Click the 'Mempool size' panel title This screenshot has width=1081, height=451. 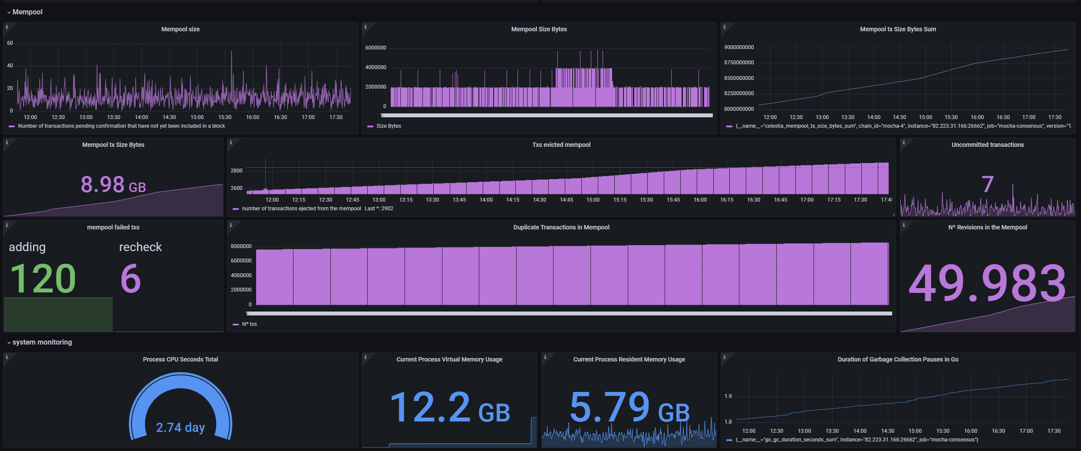pyautogui.click(x=180, y=29)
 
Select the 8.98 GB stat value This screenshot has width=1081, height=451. pyautogui.click(x=113, y=184)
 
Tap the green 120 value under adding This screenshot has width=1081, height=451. pyautogui.click(x=43, y=279)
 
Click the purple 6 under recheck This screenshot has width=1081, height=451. pyautogui.click(x=131, y=279)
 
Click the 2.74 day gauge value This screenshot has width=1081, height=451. pyautogui.click(x=180, y=428)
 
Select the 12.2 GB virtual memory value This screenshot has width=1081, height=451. pyautogui.click(x=450, y=408)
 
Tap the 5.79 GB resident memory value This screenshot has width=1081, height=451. pyautogui.click(x=629, y=408)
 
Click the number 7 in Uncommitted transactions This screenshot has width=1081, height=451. pyautogui.click(x=988, y=184)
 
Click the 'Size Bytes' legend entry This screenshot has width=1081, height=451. pyautogui.click(x=389, y=126)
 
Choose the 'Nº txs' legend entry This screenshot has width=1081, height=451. pyautogui.click(x=249, y=324)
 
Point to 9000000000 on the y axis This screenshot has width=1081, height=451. pyautogui.click(x=739, y=47)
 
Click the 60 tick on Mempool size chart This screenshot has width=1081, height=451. pyautogui.click(x=10, y=43)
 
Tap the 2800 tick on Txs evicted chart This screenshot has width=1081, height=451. pyautogui.click(x=237, y=171)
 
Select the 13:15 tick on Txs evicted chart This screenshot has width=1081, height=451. pyautogui.click(x=406, y=200)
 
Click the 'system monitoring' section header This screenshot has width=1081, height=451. pyautogui.click(x=42, y=342)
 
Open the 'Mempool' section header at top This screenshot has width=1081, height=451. pyautogui.click(x=27, y=12)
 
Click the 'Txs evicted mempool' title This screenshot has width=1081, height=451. pyautogui.click(x=561, y=145)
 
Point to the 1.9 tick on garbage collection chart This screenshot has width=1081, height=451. pyautogui.click(x=728, y=396)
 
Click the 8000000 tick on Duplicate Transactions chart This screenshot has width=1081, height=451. pyautogui.click(x=241, y=246)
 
